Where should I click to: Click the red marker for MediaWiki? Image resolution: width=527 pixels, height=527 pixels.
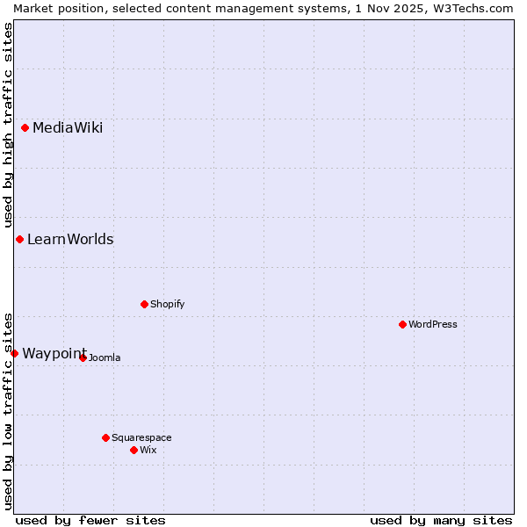pyautogui.click(x=25, y=128)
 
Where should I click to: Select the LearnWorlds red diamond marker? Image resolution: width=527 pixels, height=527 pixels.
pyautogui.click(x=19, y=240)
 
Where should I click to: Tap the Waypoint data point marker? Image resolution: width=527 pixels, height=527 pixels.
pyautogui.click(x=14, y=353)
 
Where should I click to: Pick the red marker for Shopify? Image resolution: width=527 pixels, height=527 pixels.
pyautogui.click(x=145, y=305)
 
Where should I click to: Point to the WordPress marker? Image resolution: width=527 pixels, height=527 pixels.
pyautogui.click(x=403, y=325)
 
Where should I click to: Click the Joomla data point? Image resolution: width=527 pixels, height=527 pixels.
pyautogui.click(x=83, y=357)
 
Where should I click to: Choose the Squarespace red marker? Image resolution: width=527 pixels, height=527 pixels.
pyautogui.click(x=106, y=437)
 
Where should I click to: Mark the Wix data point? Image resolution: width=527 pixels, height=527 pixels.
pyautogui.click(x=134, y=450)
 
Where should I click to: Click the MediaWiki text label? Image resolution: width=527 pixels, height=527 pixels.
pyautogui.click(x=68, y=128)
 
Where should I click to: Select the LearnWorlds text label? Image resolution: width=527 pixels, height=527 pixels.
pyautogui.click(x=70, y=240)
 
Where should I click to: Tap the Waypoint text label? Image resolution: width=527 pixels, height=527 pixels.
pyautogui.click(x=54, y=353)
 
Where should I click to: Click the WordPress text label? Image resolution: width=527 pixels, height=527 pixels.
pyautogui.click(x=433, y=325)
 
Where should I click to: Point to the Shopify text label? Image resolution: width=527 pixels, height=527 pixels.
pyautogui.click(x=168, y=305)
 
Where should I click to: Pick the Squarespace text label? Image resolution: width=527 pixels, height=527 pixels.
pyautogui.click(x=141, y=437)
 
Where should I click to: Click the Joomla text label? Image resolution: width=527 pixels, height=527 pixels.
pyautogui.click(x=105, y=357)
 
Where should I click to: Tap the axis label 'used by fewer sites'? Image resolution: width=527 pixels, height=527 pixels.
pyautogui.click(x=90, y=520)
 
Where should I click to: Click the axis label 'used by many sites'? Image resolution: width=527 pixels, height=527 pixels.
pyautogui.click(x=441, y=520)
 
